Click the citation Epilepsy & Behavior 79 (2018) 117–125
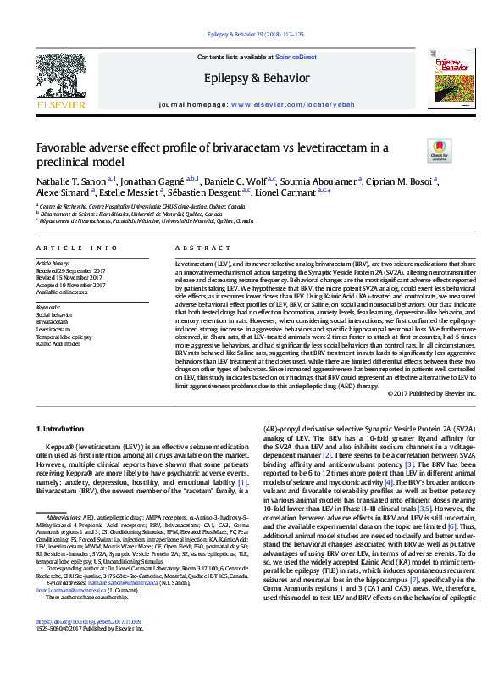click(x=252, y=34)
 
